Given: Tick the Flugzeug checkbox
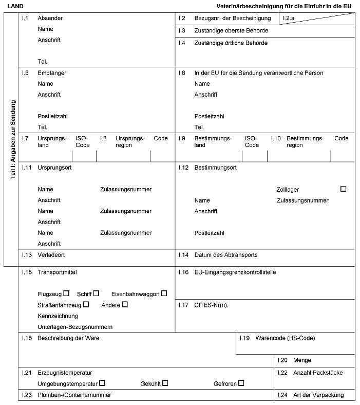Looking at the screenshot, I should point(66,293).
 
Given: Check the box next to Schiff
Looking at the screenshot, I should point(96,293).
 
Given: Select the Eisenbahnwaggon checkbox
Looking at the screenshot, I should point(164,293).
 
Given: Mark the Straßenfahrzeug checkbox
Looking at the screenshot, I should point(86,304).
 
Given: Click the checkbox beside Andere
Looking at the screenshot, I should point(125,304).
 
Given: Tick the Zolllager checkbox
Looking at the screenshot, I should point(343,189).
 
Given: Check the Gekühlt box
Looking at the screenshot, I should point(165,383).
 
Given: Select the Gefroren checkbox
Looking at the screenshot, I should point(241,383).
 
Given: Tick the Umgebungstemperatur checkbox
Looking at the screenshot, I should point(102,383).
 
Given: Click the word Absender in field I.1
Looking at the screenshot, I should point(50,18).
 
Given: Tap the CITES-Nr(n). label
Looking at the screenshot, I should point(211,305).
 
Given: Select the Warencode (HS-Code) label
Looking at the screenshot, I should point(285,338).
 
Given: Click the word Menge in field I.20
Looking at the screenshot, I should point(302,360).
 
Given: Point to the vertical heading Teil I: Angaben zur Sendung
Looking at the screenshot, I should point(13,139).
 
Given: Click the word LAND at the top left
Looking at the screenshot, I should point(15,6).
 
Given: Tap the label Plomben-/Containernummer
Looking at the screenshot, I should point(74,395).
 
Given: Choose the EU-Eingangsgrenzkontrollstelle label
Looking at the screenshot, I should point(235,272).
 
